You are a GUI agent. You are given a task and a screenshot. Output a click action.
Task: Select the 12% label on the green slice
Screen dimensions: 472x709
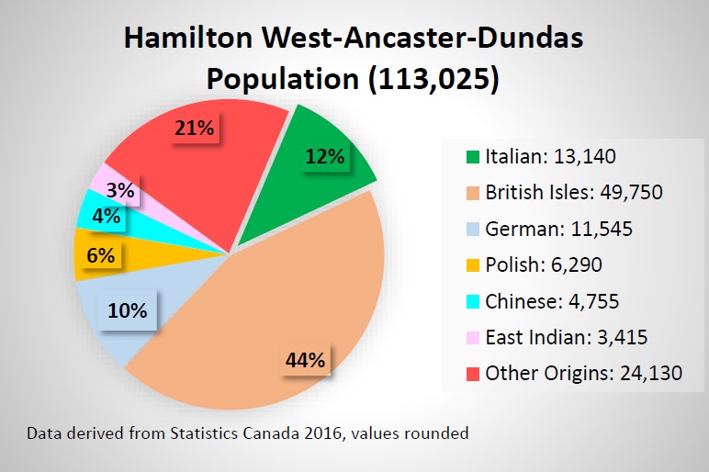[x=325, y=156]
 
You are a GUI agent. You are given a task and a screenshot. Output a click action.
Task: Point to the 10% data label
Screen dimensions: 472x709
[x=127, y=310]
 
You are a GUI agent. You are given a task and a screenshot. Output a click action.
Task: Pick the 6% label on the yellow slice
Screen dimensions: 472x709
[x=100, y=256]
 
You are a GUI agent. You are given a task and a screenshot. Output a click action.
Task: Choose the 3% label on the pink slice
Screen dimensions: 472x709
[x=120, y=191]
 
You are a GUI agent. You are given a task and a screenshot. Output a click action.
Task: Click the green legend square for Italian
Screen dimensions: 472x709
[x=472, y=157]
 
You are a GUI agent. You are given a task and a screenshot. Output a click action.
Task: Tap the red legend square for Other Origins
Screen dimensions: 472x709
[x=472, y=374]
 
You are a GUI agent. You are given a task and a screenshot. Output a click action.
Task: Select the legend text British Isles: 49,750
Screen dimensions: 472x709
[x=573, y=193]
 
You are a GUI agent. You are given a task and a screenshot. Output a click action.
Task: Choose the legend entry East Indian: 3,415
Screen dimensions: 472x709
[x=567, y=337]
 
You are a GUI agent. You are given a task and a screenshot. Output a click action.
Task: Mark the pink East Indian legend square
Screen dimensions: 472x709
[x=472, y=338]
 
